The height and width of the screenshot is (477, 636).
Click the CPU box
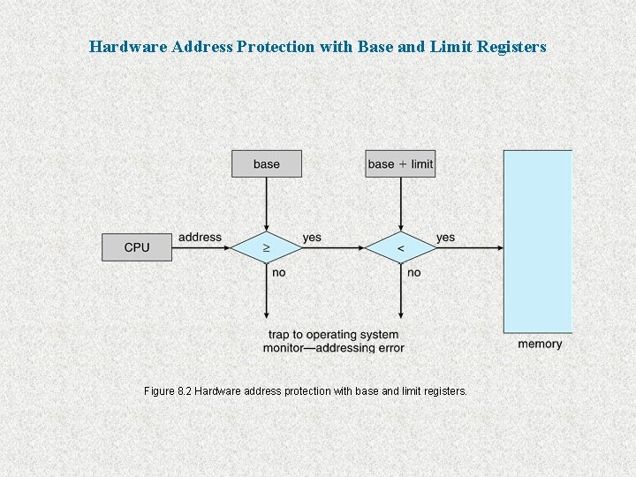pyautogui.click(x=137, y=247)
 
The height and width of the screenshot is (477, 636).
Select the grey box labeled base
pyautogui.click(x=266, y=163)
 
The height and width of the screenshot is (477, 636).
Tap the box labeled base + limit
pyautogui.click(x=400, y=163)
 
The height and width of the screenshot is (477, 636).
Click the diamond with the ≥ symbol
pyautogui.click(x=266, y=248)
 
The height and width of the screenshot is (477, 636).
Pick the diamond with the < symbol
pyautogui.click(x=400, y=248)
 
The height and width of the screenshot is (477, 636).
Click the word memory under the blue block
pyautogui.click(x=539, y=344)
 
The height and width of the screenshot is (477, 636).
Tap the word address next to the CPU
pyautogui.click(x=200, y=237)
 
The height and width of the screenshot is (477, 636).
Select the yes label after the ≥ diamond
pyautogui.click(x=312, y=237)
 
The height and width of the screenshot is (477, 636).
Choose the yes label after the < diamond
pyautogui.click(x=445, y=237)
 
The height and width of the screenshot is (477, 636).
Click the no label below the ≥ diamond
pyautogui.click(x=279, y=272)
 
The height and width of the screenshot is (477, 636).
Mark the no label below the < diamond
pyautogui.click(x=413, y=272)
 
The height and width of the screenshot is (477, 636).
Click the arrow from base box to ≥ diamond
pyautogui.click(x=266, y=203)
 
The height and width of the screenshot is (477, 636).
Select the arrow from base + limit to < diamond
pyautogui.click(x=400, y=203)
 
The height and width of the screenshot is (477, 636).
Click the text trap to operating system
pyautogui.click(x=333, y=335)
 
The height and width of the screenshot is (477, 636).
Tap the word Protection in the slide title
pyautogui.click(x=272, y=46)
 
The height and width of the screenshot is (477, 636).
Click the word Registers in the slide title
pyautogui.click(x=512, y=46)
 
